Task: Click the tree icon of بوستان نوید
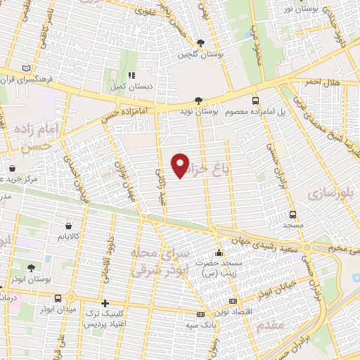tap(198, 101)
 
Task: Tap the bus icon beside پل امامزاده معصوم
tap(255, 101)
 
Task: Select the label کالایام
tap(67, 238)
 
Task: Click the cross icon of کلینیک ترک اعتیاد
tap(105, 304)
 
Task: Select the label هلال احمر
tap(321, 82)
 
